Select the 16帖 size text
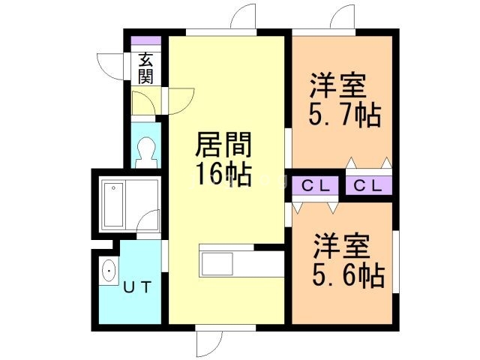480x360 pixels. (223, 174)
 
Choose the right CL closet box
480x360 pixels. (369, 185)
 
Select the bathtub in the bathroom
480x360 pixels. (115, 205)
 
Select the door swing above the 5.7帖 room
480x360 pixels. (342, 17)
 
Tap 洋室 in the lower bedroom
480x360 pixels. (341, 246)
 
